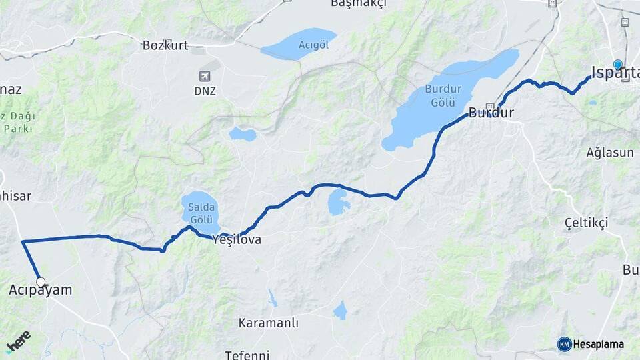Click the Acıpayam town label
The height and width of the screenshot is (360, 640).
click(x=41, y=291)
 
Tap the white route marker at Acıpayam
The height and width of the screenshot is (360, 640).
click(x=41, y=283)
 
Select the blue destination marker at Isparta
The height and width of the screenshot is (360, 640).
click(x=618, y=65)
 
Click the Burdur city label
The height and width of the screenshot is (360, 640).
click(x=491, y=113)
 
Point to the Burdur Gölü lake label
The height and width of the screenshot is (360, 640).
click(x=440, y=95)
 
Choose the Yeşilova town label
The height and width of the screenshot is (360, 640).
click(x=236, y=240)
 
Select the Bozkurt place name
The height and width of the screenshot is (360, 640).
click(x=165, y=45)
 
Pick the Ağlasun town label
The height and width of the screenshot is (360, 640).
click(x=610, y=153)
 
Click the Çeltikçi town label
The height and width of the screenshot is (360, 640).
click(x=586, y=223)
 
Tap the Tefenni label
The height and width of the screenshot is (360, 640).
click(x=247, y=355)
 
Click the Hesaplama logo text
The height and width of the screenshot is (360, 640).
click(x=598, y=344)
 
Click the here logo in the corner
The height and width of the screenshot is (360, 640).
click(x=18, y=342)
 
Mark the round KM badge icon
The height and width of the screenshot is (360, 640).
click(x=564, y=344)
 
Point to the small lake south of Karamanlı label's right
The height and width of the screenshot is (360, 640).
click(x=340, y=310)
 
